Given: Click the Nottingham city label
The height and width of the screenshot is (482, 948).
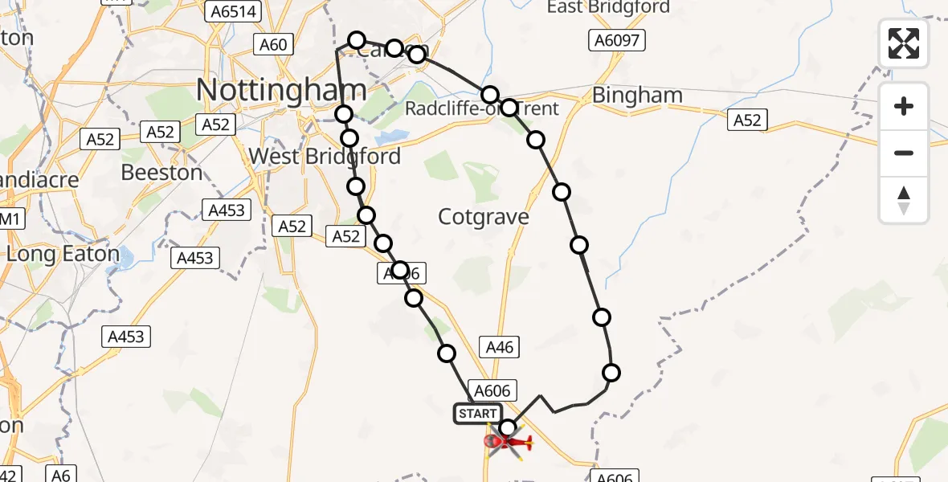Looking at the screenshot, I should [280, 90].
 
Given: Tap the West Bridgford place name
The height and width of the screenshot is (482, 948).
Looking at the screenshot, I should [325, 156].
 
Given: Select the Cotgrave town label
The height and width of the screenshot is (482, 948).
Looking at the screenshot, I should [484, 216].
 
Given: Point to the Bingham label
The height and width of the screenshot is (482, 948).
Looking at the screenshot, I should [637, 96].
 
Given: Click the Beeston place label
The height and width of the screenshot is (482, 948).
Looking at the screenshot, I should [161, 172].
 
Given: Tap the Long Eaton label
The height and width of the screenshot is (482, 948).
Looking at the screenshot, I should [63, 255].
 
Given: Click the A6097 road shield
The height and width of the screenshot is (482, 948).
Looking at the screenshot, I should [616, 41].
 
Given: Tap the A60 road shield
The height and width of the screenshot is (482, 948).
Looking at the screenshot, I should [272, 44].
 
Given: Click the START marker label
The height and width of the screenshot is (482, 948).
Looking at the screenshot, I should [477, 414].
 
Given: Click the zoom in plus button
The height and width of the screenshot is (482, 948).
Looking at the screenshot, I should [904, 106].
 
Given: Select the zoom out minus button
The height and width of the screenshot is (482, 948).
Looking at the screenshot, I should [904, 153].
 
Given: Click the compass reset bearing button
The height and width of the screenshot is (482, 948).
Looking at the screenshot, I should [904, 200].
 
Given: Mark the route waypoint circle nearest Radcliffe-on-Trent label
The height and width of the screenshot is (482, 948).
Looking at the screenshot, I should [509, 107].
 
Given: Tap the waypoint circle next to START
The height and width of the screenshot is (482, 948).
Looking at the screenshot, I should [508, 428].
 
